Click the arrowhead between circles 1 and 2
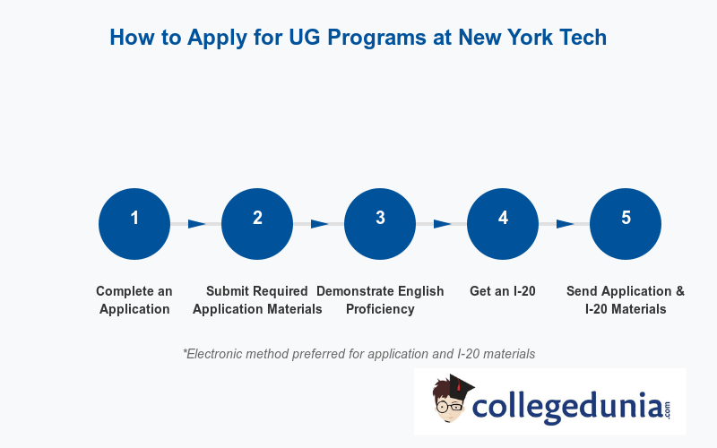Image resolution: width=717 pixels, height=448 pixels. pos(196,224)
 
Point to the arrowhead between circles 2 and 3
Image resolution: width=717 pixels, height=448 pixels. pos(319,224)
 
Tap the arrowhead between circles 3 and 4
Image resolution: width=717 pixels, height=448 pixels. pos(442,224)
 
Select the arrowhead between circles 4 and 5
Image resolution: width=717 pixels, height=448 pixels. pos(565,224)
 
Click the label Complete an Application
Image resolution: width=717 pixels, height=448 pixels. pos(134,300)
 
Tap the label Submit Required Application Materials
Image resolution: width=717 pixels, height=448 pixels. pos(257,300)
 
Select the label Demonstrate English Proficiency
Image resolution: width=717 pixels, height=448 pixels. pos(380,300)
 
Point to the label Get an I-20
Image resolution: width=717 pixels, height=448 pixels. pos(503,291)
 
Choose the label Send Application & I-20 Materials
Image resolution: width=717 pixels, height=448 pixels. pos(626,300)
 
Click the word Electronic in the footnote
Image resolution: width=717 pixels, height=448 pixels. pos(216,354)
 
